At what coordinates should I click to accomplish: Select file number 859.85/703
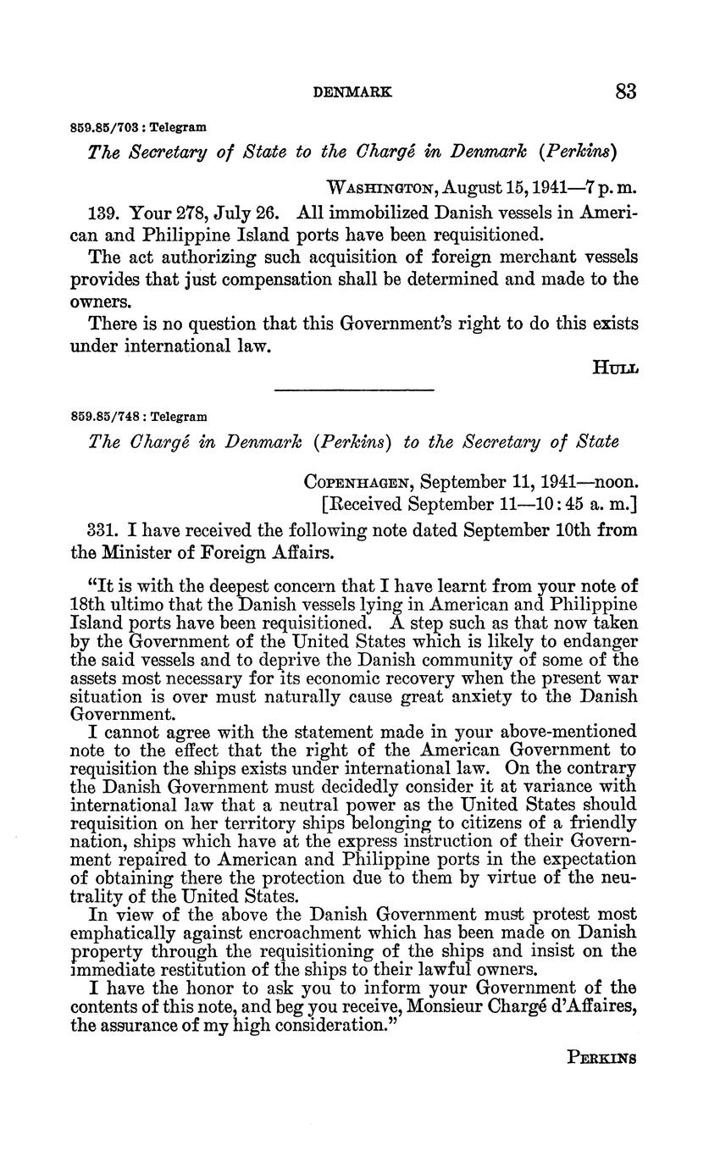point(106,128)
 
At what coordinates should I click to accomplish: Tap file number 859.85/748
point(106,418)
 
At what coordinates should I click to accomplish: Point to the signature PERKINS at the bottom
point(601,1058)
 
